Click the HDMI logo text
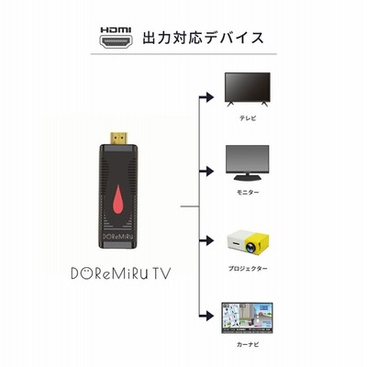[x=116, y=29]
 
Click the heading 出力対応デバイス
[x=203, y=38]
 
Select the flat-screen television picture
[x=248, y=89]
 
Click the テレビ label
[x=248, y=118]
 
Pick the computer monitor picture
[x=248, y=163]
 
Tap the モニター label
[x=248, y=193]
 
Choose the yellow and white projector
[x=248, y=244]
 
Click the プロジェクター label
[x=248, y=269]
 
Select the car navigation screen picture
[x=247, y=318]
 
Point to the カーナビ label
[x=248, y=344]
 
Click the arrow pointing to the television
[x=206, y=97]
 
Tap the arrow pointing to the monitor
[x=206, y=172]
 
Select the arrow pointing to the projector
[x=206, y=240]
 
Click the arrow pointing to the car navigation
[x=206, y=315]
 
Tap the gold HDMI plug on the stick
[x=118, y=139]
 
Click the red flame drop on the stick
[x=118, y=199]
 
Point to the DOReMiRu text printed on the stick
[x=118, y=236]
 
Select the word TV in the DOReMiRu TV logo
[x=161, y=273]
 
